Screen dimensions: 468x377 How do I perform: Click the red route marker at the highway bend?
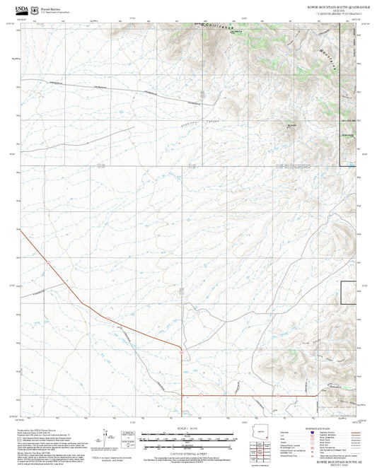click(182, 351)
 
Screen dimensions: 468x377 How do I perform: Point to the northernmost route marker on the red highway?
click(47, 262)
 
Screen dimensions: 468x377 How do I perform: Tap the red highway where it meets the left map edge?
click(21, 231)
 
